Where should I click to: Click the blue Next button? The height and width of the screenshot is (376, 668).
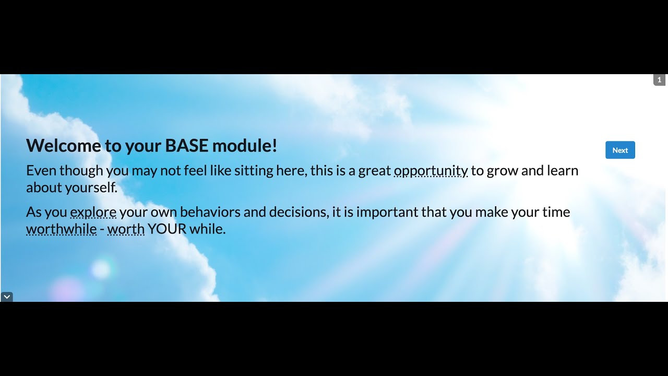(620, 150)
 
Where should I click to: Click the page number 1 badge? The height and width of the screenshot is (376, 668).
(659, 80)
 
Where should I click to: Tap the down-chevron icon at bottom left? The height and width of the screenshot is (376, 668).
(7, 297)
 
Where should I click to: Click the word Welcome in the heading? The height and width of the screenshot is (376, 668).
(64, 146)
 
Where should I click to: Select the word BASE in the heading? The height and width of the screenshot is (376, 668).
(187, 146)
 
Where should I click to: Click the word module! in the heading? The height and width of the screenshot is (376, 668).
(245, 146)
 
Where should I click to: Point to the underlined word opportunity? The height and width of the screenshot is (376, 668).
(431, 171)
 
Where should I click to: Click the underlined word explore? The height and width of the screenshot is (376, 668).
(93, 213)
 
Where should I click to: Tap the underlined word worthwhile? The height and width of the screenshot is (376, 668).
(61, 229)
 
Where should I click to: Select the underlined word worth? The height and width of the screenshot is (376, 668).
(126, 229)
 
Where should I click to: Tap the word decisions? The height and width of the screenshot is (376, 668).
(298, 213)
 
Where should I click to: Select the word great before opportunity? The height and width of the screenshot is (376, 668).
(374, 171)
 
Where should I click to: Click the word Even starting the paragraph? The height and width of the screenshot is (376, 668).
(41, 171)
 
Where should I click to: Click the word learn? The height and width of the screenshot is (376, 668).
(563, 171)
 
